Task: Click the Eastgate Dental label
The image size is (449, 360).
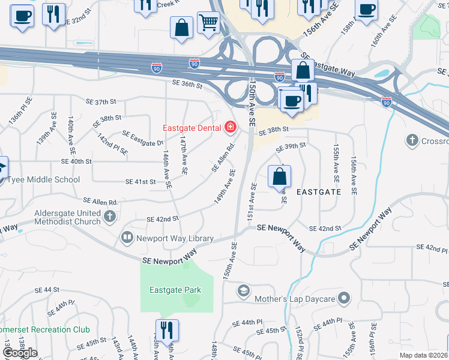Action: coord(192,128)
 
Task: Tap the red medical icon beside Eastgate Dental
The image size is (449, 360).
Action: coord(230,127)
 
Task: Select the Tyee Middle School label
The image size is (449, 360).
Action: coord(43,179)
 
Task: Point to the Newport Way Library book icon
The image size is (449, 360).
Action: coord(127,238)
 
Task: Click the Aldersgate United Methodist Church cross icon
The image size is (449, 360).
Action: coord(110,217)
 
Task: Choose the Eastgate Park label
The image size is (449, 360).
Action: coord(175,290)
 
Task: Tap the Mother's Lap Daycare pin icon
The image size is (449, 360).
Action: coord(343,298)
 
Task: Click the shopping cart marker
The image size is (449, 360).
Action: coord(208,23)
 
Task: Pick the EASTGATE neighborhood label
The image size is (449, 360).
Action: coord(319,192)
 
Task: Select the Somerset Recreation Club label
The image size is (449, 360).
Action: coord(44,329)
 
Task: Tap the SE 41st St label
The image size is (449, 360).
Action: coord(140,181)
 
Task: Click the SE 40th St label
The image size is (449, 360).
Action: coord(76,161)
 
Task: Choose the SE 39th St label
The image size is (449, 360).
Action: coord(291,146)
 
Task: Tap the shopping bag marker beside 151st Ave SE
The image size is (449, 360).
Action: coord(279,177)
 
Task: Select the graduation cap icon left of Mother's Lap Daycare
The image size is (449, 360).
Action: coord(243,292)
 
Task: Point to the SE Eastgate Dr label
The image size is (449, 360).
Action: coord(143,138)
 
